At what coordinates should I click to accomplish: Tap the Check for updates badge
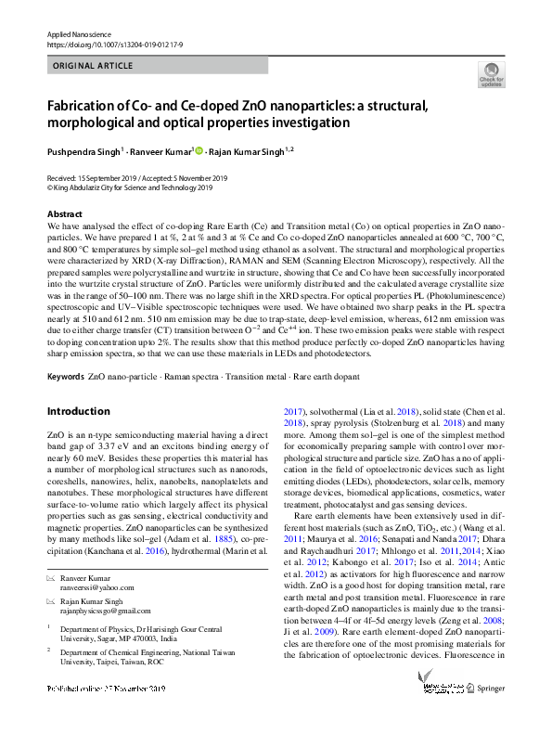click(491, 75)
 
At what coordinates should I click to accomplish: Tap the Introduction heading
click(78, 411)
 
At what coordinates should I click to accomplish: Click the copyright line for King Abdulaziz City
click(133, 186)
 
